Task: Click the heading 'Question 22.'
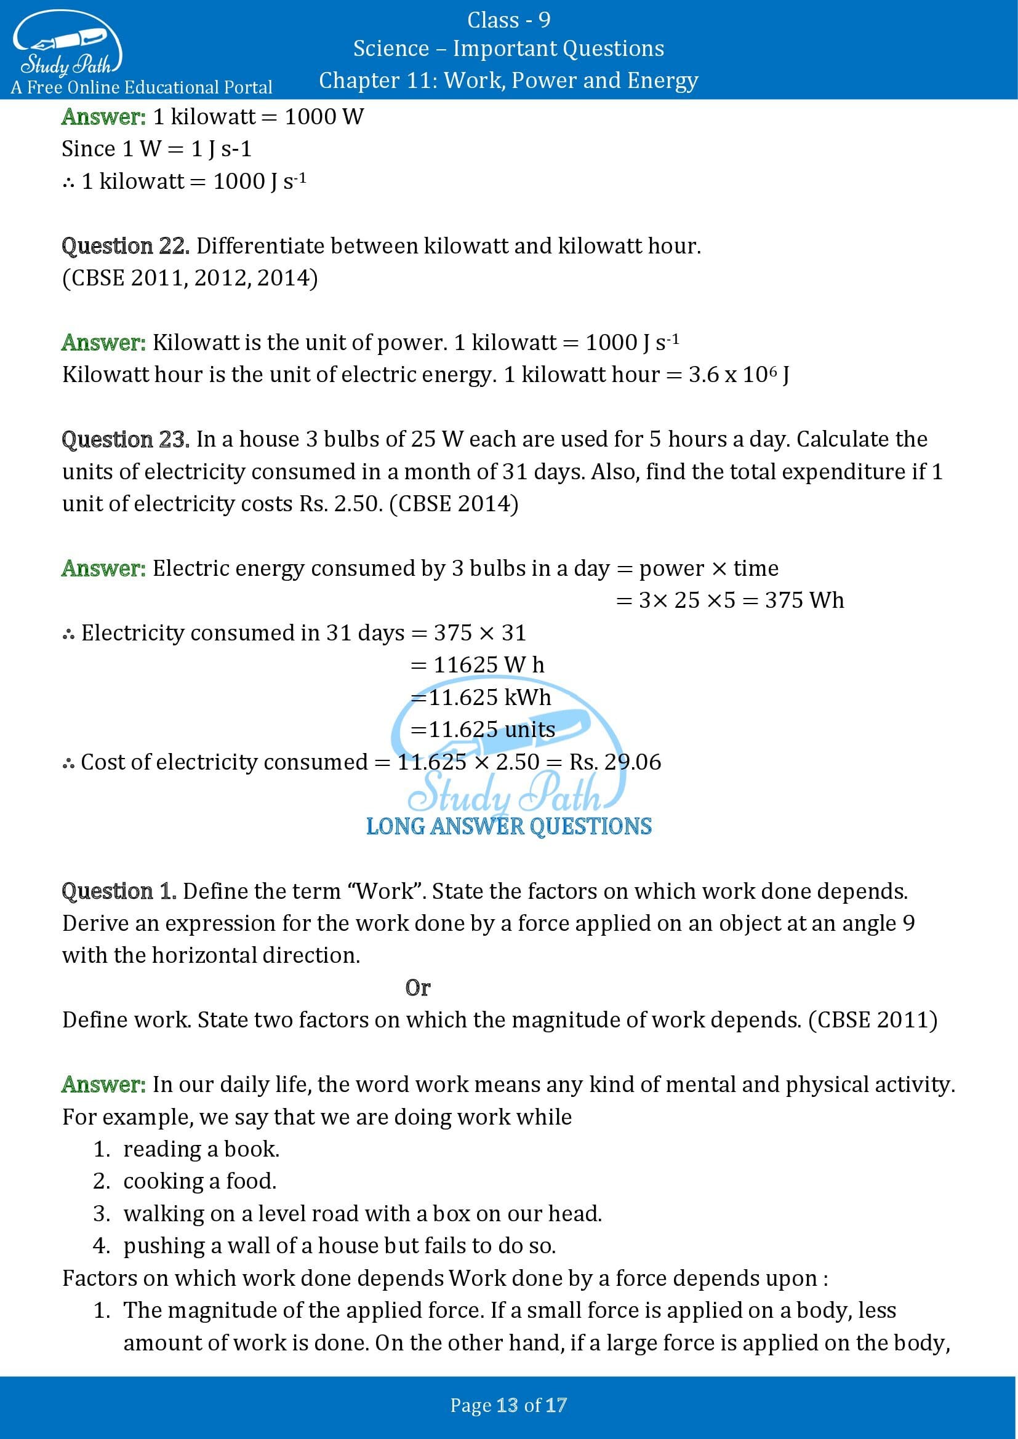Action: coord(126,246)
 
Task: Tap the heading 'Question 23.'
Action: coord(126,439)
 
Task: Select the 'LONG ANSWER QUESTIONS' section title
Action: coord(508,826)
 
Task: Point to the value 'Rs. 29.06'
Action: coord(614,762)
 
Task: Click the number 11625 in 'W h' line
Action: coord(466,665)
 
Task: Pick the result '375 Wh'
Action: coord(804,600)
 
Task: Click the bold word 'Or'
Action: coord(417,988)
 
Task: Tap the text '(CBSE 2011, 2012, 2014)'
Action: coord(190,278)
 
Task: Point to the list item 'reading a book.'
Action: coord(201,1149)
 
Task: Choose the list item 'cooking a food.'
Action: coord(200,1181)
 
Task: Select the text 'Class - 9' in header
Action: coord(508,20)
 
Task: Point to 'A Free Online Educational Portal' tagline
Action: coord(142,87)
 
